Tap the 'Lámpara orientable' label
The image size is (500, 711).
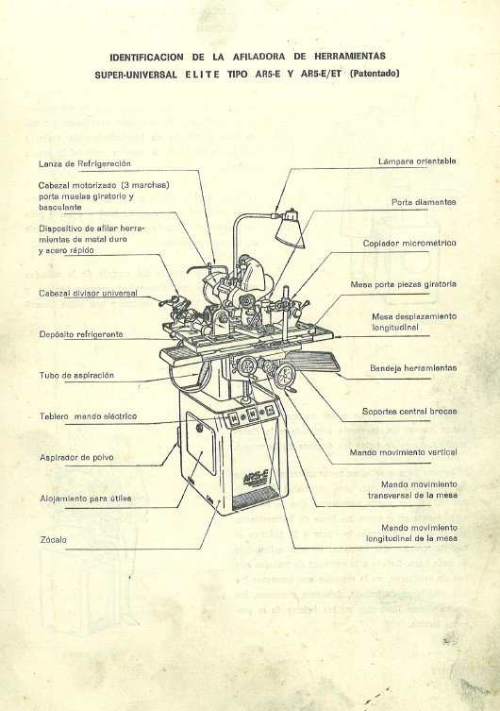tap(416, 161)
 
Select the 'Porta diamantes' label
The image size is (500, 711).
tap(424, 202)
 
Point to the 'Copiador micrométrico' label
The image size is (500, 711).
tap(409, 243)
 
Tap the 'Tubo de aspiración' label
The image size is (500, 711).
tap(76, 375)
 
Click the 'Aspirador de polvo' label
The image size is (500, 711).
tap(76, 457)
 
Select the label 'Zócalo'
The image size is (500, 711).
tap(53, 540)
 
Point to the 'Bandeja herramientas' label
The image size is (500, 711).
tap(413, 367)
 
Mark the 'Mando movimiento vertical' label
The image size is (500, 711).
tap(405, 452)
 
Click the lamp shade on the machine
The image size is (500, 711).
tap(286, 230)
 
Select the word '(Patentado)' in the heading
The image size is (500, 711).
tap(375, 73)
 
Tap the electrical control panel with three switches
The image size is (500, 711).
tap(253, 413)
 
